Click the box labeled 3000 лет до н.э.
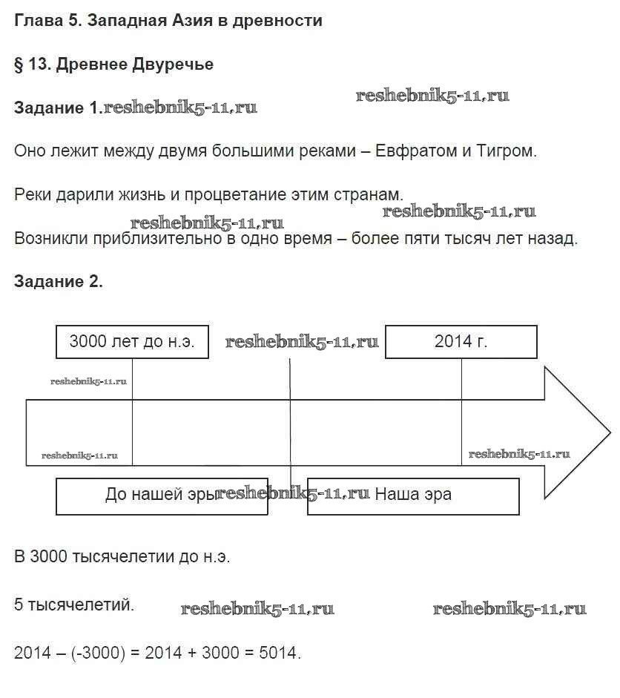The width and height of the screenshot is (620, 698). click(x=132, y=342)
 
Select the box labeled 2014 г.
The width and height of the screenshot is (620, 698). click(x=461, y=342)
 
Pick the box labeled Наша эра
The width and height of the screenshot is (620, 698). click(x=413, y=495)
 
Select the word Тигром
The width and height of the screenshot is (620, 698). click(x=508, y=151)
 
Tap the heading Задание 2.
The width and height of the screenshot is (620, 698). click(x=59, y=282)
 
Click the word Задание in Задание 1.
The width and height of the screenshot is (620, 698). click(x=49, y=108)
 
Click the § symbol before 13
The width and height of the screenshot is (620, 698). click(x=19, y=65)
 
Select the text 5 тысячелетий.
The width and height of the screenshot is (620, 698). click(x=74, y=605)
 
